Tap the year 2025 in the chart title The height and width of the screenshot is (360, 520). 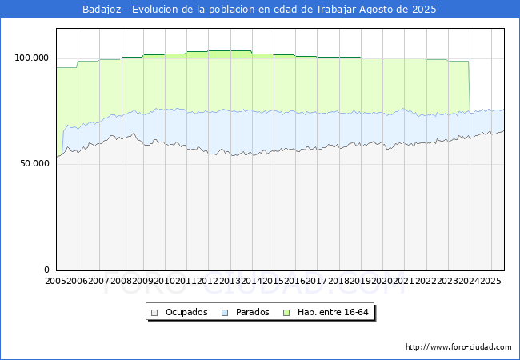point(424,10)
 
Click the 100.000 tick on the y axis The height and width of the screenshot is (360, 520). point(31,58)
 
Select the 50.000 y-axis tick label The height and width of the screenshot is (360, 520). point(34,163)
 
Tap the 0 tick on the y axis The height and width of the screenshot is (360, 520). point(46,270)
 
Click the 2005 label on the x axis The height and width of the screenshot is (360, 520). point(56,281)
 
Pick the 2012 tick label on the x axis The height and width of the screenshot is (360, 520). point(208,281)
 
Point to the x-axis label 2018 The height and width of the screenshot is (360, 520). point(338,281)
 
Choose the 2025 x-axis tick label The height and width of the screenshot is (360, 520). point(491,281)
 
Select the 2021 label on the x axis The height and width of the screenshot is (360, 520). point(404,281)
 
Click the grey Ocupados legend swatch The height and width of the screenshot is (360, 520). point(154,313)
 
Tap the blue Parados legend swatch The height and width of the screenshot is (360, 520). point(225,313)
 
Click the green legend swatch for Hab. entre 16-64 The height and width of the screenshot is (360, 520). point(286,313)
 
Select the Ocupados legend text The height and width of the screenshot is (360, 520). point(186,312)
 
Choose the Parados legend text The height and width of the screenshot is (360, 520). point(252,312)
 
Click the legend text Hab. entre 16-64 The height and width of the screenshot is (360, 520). point(333,312)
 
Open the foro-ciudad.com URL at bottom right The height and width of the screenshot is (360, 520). point(458,347)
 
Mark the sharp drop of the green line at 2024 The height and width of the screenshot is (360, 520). point(469,86)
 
